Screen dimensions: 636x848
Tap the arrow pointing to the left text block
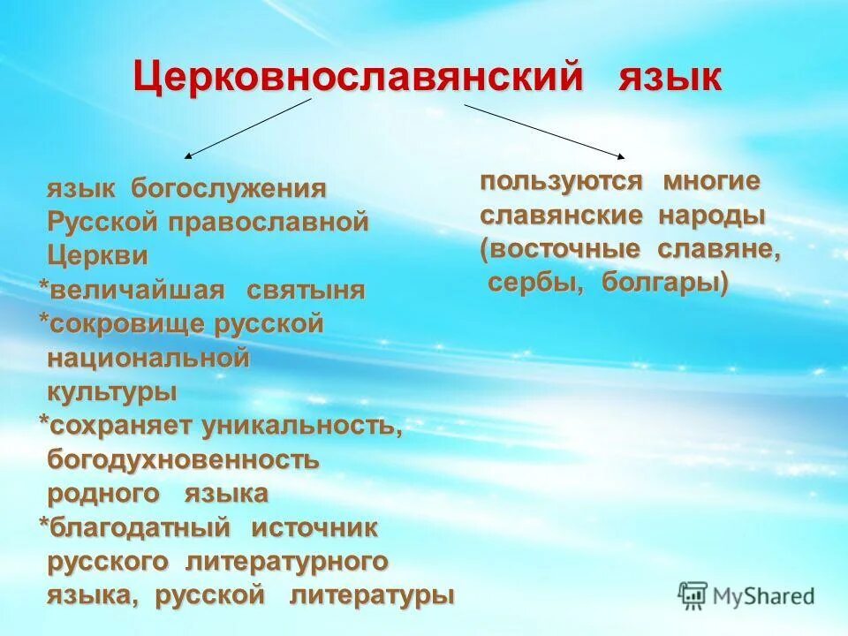(x=248, y=128)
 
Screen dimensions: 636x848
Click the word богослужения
(x=229, y=188)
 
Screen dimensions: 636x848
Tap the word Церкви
(x=97, y=255)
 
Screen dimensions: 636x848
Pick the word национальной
(x=148, y=358)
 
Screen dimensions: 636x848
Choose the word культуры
(x=111, y=391)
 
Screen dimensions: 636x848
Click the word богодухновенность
(x=183, y=460)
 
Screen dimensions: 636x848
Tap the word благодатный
(x=140, y=528)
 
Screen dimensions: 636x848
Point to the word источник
(x=314, y=528)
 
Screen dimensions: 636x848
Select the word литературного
(x=287, y=562)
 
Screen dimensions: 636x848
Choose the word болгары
(x=665, y=283)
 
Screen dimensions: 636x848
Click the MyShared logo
(x=746, y=595)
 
